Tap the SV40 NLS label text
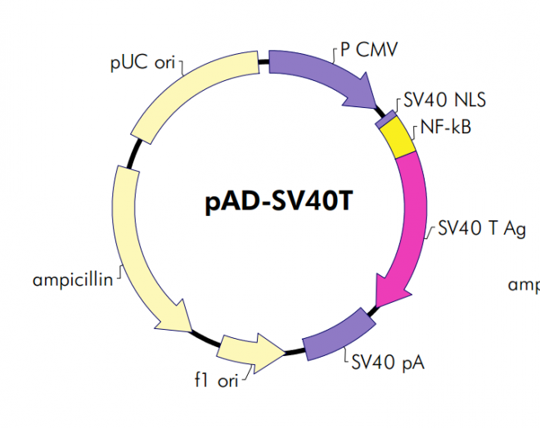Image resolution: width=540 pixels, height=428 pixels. pyautogui.click(x=445, y=101)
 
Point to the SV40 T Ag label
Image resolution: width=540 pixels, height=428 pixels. pyautogui.click(x=482, y=228)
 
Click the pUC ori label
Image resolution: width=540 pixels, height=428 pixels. pyautogui.click(x=142, y=63)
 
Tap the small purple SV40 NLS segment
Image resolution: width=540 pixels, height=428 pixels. pyautogui.click(x=384, y=119)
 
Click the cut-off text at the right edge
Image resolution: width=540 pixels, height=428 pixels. pyautogui.click(x=524, y=285)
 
